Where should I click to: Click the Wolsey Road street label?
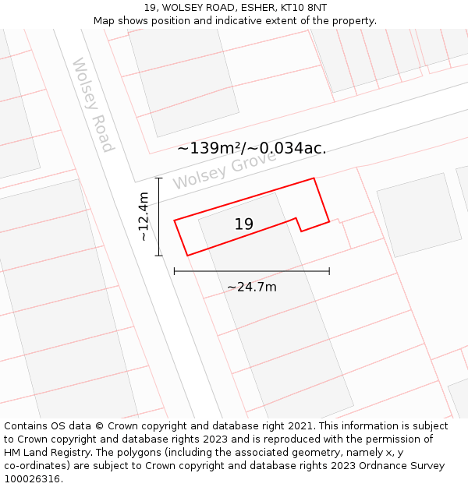93,105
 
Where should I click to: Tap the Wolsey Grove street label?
225,171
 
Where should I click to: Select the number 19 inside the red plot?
244,224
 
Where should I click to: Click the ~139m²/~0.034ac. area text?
251,148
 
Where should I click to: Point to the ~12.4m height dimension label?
143,217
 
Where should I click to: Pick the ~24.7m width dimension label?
251,287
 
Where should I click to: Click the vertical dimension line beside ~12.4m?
159,217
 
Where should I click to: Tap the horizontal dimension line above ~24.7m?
251,271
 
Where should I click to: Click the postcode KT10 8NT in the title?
301,8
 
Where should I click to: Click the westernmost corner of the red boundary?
174,221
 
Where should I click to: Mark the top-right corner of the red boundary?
314,178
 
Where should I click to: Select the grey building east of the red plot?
418,214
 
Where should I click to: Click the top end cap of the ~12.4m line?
159,178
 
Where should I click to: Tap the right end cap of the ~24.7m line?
329,271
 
